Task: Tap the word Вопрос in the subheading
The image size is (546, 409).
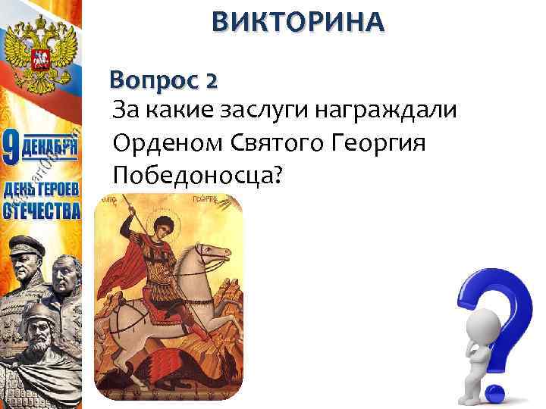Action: click(150, 79)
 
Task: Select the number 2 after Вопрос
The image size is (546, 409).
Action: click(210, 79)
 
